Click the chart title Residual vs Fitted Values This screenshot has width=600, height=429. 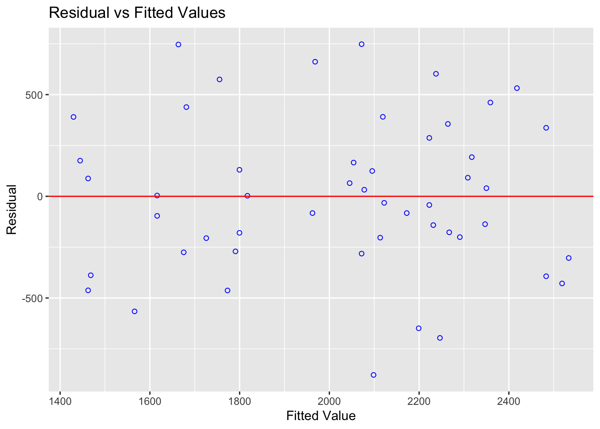point(137,13)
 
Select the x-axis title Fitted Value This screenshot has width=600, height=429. point(321,416)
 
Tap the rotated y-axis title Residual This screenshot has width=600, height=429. point(12,209)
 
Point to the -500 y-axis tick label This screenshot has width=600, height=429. point(33,298)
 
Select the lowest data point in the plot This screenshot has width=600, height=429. point(373,375)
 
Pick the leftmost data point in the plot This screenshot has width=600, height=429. point(74,117)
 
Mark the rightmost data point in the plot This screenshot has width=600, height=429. point(568,258)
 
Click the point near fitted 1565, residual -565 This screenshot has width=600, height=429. point(134,311)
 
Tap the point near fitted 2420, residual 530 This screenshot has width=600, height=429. point(517,88)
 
